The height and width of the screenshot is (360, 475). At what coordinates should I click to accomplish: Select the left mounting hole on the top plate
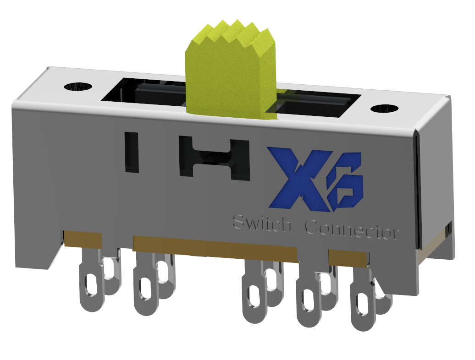[78, 86]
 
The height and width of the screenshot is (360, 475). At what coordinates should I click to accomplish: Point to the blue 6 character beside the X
[346, 183]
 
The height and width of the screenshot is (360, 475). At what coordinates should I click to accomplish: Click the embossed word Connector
[351, 229]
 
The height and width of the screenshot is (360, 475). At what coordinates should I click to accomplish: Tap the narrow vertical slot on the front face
[132, 152]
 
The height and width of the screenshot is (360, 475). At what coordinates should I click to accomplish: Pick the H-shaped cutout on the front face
[214, 158]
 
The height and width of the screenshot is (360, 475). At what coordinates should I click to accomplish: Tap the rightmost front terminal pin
[365, 305]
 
